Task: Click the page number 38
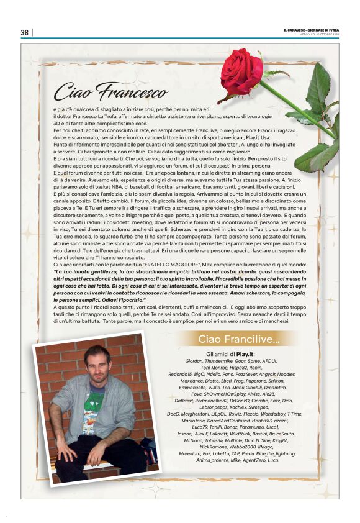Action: pos(25,32)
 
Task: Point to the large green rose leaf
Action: pos(318,88)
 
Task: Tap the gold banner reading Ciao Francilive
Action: pos(239,339)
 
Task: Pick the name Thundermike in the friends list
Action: pos(221,360)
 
